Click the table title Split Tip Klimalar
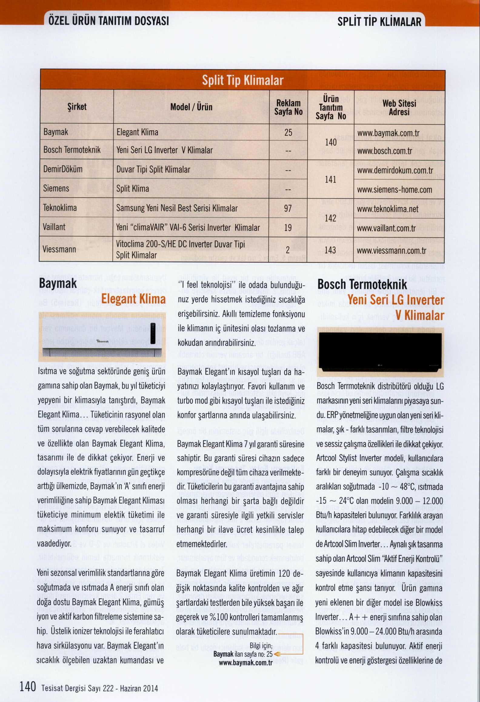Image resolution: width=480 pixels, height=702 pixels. point(242,80)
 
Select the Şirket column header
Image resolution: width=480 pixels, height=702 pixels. point(77,107)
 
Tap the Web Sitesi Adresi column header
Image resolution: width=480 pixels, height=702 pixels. point(399,108)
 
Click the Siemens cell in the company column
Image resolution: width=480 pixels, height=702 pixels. point(56,189)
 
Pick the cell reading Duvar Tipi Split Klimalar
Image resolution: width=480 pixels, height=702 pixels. point(153,169)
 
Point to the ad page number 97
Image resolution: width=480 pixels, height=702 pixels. point(288,208)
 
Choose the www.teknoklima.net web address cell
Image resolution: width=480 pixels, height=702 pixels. point(388,209)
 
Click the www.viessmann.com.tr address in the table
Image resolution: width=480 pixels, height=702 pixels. point(392,251)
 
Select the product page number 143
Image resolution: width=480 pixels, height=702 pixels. point(330,250)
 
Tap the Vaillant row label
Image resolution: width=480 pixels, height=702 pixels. point(54,227)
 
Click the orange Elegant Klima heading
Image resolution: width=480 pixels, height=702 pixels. point(133,299)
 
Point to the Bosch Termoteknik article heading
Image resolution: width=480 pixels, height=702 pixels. point(362,285)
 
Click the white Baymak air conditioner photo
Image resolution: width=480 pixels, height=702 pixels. point(102,337)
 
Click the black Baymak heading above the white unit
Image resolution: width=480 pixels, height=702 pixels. point(58,284)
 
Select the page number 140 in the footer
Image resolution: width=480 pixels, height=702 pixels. point(28,686)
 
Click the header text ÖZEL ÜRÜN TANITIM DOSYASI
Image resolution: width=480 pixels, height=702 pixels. point(108,21)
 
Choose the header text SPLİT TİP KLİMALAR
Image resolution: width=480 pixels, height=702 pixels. point(379,22)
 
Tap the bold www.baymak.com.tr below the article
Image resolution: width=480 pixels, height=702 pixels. point(245,663)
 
